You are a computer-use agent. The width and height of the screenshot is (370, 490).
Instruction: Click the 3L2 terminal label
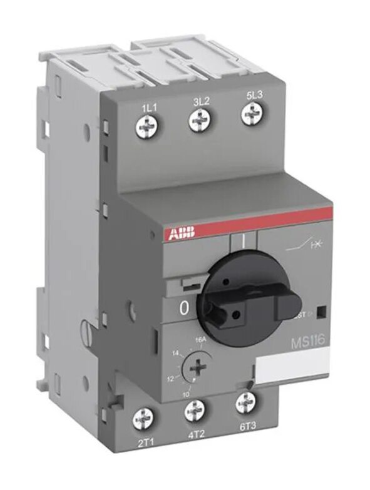201,100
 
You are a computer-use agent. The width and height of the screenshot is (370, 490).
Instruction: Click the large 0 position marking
184,308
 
